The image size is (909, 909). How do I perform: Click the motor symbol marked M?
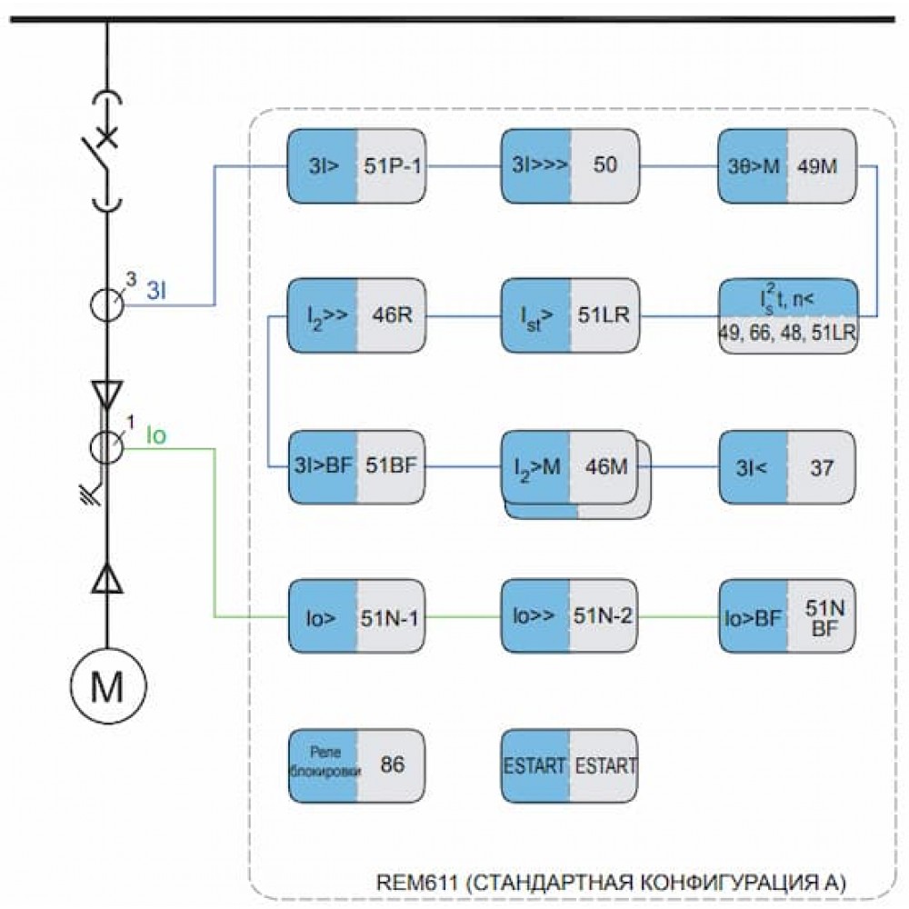click(108, 685)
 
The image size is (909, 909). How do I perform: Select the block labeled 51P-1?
click(356, 166)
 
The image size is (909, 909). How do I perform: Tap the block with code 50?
click(571, 166)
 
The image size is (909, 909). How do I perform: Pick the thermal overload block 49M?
click(787, 166)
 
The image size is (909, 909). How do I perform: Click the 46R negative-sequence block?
click(356, 315)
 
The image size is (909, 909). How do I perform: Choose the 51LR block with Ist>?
click(571, 315)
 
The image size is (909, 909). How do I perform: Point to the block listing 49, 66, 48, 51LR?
click(788, 316)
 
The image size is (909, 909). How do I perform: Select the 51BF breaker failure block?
click(357, 466)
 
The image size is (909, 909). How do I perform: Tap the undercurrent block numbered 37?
click(787, 466)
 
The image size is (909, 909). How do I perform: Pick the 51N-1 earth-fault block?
click(357, 617)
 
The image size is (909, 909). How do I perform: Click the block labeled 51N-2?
click(570, 616)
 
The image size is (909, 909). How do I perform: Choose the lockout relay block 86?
click(357, 765)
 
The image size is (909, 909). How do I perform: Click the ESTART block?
click(570, 765)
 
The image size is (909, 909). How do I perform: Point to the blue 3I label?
click(156, 291)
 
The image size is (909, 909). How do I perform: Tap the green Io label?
click(156, 435)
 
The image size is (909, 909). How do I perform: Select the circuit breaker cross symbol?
click(106, 137)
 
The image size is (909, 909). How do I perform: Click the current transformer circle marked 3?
click(106, 304)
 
